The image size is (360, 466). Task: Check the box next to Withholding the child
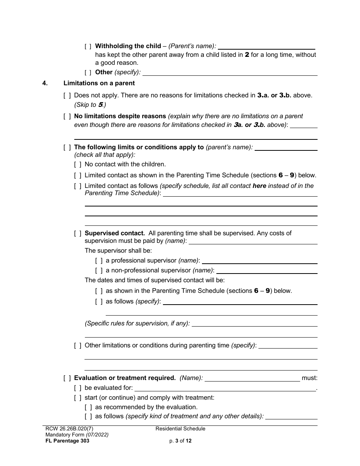[x=88, y=46]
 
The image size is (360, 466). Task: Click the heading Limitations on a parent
[x=99, y=83]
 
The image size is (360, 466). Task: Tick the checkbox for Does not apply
[x=67, y=95]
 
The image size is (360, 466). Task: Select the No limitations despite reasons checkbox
[x=67, y=116]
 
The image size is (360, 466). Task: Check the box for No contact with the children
[x=78, y=164]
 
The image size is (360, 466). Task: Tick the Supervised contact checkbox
[x=78, y=233]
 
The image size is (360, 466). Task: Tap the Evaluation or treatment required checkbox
[x=67, y=378]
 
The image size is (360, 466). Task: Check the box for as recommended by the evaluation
[x=88, y=407]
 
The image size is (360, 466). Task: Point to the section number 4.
[x=45, y=83]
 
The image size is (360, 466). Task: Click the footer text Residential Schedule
[x=180, y=429]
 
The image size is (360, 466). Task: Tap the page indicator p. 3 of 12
[x=180, y=441]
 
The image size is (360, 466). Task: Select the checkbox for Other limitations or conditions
[x=78, y=346]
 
